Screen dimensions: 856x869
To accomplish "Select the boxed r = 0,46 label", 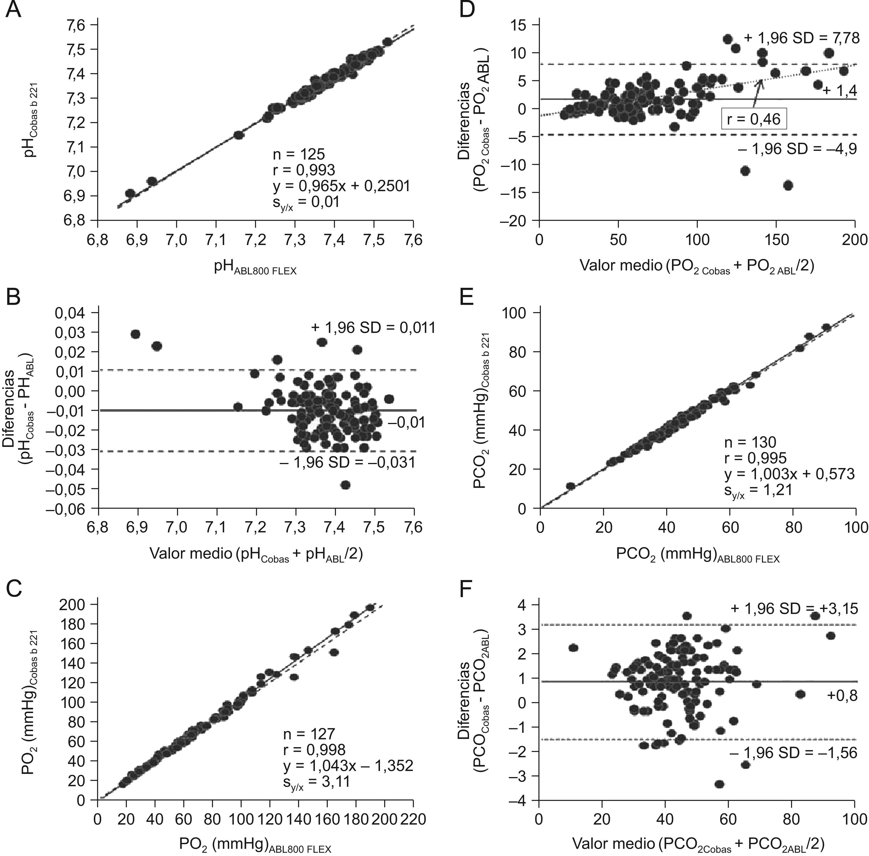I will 754,120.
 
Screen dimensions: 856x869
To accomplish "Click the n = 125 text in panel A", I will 298,154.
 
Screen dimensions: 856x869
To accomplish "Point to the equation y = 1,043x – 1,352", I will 348,765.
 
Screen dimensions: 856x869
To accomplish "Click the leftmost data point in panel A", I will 130,194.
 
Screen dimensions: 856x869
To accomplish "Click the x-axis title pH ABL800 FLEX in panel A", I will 255,268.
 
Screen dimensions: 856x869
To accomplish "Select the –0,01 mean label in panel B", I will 406,423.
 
